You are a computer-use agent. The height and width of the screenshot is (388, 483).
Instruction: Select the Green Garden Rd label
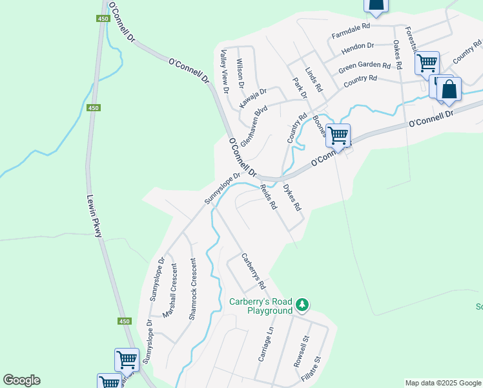point(365,65)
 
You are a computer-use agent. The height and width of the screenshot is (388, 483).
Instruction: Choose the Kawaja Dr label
point(252,98)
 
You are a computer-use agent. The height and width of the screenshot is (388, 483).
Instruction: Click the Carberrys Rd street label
point(253,270)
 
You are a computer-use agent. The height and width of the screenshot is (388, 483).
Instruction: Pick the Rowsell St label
point(301,351)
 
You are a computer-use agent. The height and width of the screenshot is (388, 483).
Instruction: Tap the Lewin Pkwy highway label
point(95,217)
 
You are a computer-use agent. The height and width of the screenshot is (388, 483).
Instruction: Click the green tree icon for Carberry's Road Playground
point(302,304)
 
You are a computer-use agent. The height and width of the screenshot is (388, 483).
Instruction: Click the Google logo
point(21,380)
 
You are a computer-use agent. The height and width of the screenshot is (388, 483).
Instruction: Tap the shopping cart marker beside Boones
point(338,136)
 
